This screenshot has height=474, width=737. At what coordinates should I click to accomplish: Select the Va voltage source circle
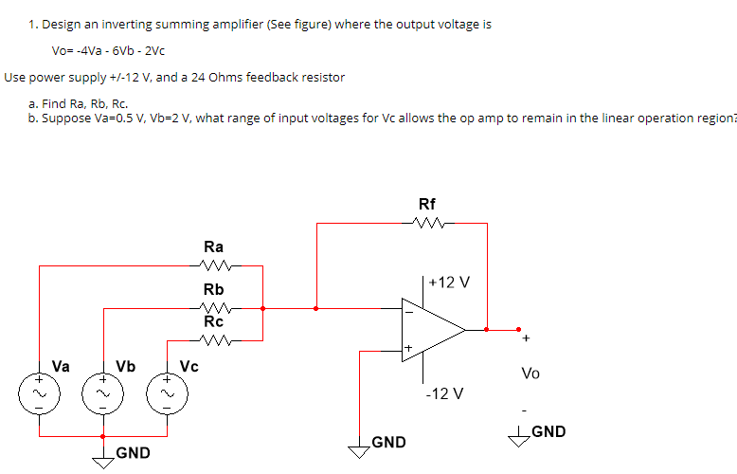click(39, 390)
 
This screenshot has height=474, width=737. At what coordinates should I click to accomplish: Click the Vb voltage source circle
click(103, 390)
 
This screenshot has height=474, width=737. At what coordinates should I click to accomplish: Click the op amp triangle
click(431, 330)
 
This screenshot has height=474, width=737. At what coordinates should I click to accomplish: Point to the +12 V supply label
click(449, 283)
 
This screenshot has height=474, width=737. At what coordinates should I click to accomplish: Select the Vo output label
click(530, 374)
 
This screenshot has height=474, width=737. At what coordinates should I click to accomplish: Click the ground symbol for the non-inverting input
click(359, 450)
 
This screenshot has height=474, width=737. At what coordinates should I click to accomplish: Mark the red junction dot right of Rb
click(262, 307)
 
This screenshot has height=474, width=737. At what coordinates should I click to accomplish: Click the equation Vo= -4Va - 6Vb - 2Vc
click(110, 49)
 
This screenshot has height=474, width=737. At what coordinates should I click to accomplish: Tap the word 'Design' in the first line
click(62, 24)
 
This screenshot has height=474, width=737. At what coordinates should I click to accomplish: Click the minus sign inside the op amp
click(408, 310)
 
